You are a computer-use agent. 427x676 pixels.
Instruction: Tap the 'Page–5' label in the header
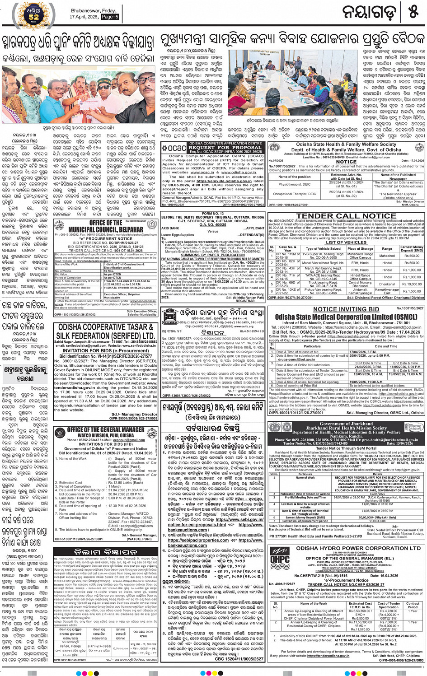click(110, 17)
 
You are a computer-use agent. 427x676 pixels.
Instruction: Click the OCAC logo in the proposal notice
click(174, 148)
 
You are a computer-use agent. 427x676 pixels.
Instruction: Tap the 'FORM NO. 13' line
click(213, 214)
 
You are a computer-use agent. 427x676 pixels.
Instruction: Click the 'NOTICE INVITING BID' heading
click(346, 309)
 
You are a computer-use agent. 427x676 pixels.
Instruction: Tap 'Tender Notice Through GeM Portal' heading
click(347, 448)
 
